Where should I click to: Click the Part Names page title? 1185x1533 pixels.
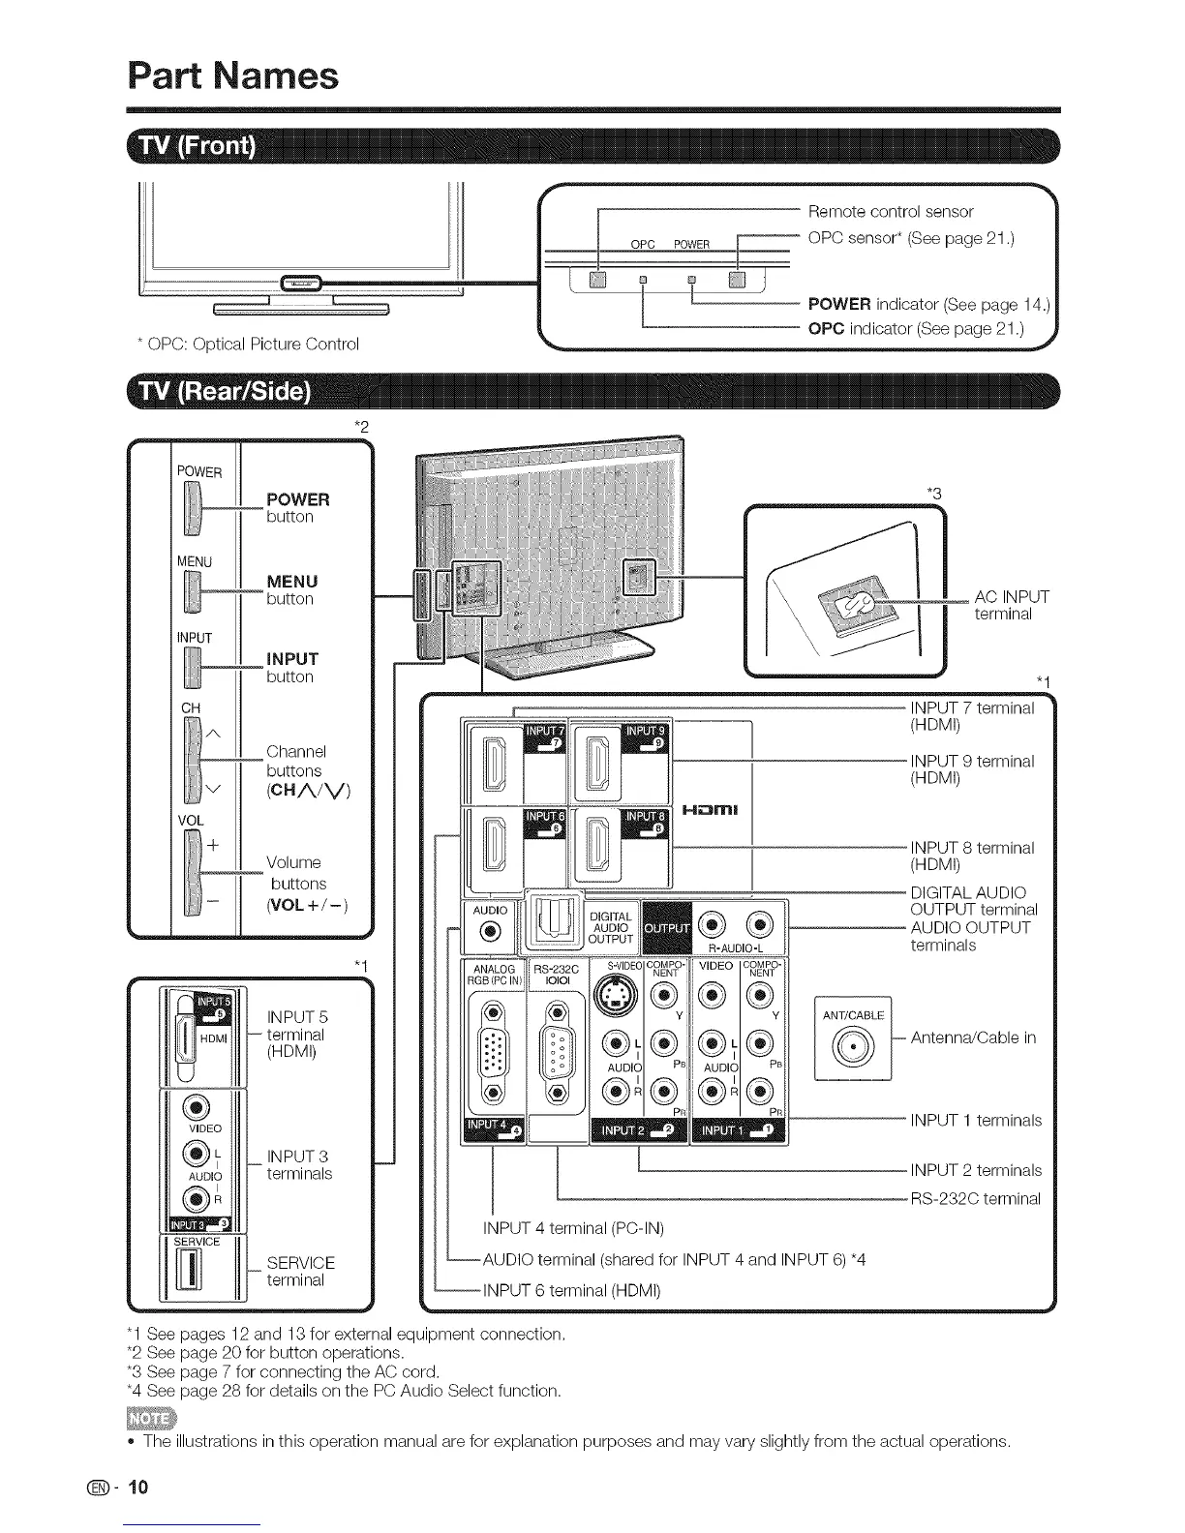pos(233,75)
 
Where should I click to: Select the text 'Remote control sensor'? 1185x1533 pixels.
pos(890,211)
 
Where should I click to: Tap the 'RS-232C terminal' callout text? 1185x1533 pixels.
pos(975,1199)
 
